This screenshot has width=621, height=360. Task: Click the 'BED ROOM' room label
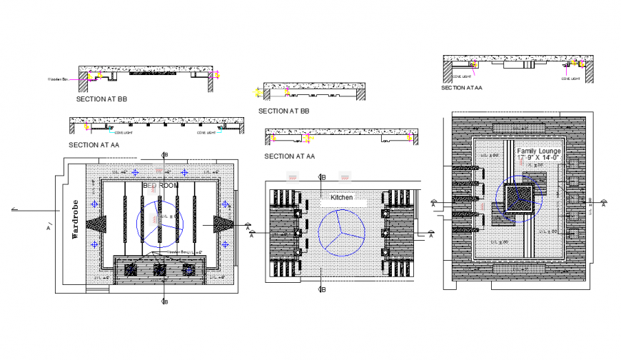(x=161, y=185)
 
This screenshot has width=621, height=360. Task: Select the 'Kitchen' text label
(x=341, y=196)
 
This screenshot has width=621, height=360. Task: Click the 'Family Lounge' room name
(x=539, y=151)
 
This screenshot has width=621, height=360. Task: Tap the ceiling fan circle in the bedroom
(x=159, y=222)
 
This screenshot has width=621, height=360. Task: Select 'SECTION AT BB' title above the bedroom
(x=103, y=101)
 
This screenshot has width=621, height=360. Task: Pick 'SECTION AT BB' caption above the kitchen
(x=284, y=111)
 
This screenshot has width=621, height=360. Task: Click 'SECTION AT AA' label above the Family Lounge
(x=461, y=88)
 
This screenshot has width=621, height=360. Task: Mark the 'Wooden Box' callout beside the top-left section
(x=56, y=79)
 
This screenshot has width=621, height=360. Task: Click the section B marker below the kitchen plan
(x=322, y=289)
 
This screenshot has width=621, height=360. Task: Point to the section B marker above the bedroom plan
(x=165, y=154)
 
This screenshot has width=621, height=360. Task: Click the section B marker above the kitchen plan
(x=322, y=178)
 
